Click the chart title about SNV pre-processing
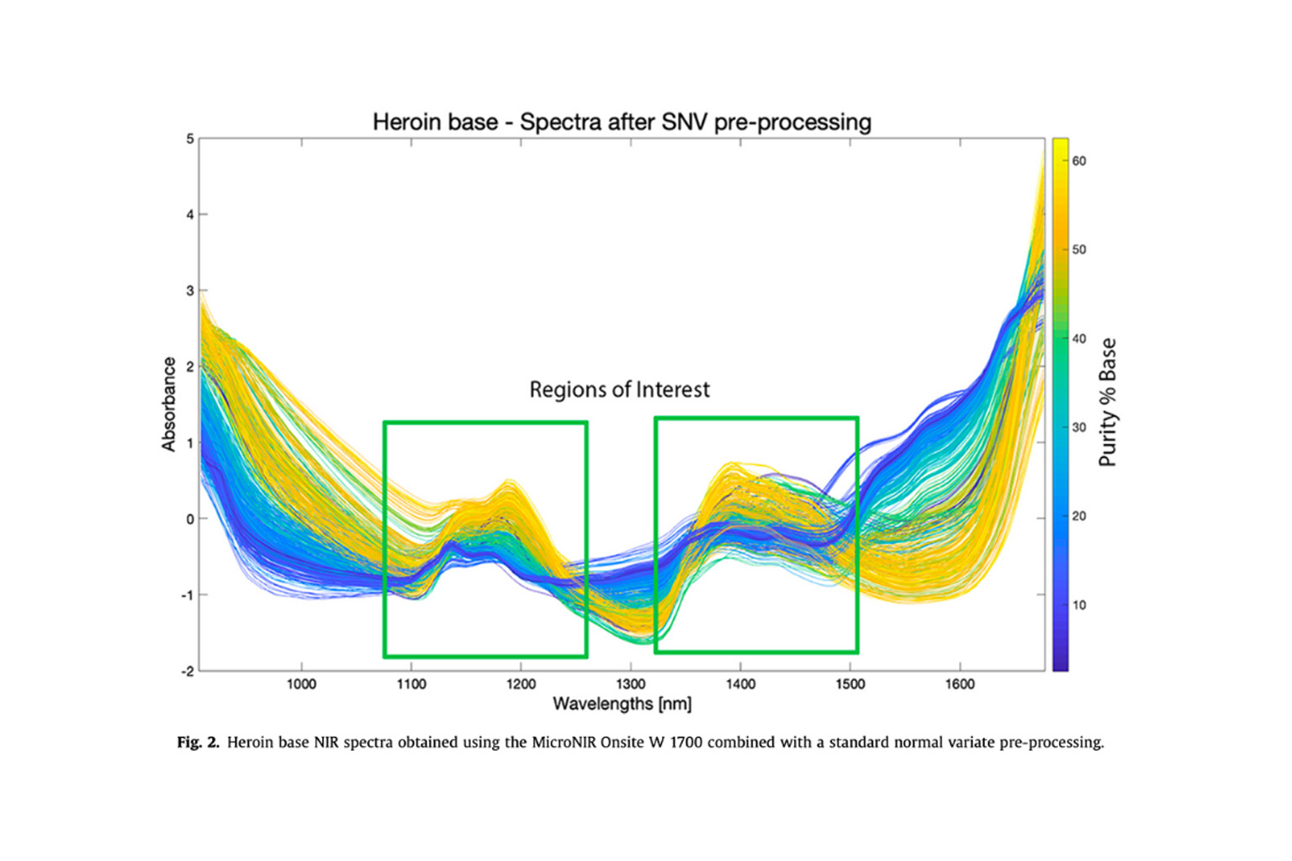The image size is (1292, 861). (x=622, y=122)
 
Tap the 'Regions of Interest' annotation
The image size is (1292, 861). (x=619, y=389)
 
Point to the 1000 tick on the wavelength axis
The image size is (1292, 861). (x=301, y=684)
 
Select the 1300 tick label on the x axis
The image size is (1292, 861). (x=630, y=684)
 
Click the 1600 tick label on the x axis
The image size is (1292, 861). (x=959, y=684)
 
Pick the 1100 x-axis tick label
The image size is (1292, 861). (x=410, y=684)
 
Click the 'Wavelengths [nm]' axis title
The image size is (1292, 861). (x=622, y=704)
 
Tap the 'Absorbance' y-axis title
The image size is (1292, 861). (x=169, y=404)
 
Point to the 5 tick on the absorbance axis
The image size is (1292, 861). (x=190, y=139)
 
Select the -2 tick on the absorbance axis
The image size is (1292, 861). (x=188, y=671)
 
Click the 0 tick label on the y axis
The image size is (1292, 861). (x=190, y=519)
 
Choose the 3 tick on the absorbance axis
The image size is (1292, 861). (x=190, y=291)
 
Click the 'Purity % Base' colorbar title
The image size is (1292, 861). (x=1109, y=403)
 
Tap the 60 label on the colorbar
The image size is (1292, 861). (x=1078, y=161)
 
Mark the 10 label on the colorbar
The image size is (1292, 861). (x=1078, y=605)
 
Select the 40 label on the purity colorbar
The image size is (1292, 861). (x=1078, y=339)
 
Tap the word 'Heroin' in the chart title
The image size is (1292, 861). (x=402, y=122)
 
